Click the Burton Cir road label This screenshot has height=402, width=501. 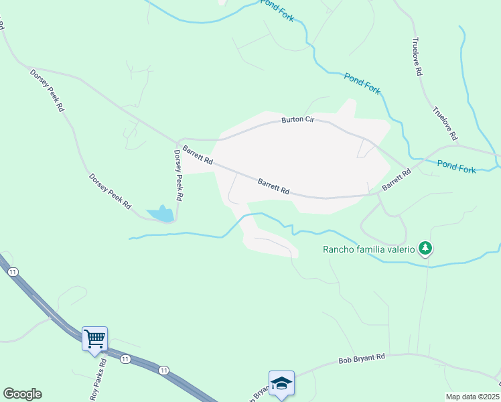298,120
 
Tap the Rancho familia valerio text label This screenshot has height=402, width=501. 369,250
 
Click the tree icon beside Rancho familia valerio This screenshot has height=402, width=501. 425,249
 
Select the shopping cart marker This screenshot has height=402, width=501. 94,338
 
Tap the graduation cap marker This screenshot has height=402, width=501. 281,383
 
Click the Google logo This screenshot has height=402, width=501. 22,394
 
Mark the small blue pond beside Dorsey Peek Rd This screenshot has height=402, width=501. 161,214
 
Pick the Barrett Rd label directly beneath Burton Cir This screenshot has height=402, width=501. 274,186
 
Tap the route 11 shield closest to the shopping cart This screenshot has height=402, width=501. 125,359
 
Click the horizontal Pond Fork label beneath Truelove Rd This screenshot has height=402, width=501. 456,166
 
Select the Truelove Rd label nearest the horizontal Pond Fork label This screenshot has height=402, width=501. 445,123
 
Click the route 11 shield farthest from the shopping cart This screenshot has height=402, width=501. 12,271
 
